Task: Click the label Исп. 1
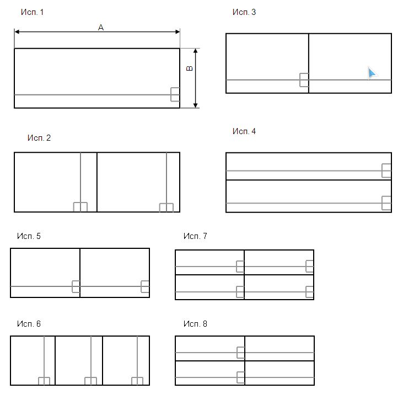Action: pos(32,12)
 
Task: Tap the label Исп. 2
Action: pos(39,138)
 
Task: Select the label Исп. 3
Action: pos(244,12)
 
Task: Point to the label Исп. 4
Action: pos(244,131)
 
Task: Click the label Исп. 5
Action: pos(29,236)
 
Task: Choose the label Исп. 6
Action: pos(29,323)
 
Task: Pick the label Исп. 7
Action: pos(195,236)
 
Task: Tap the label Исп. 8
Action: pos(195,323)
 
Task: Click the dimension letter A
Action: pos(101,28)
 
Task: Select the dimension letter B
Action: pos(190,68)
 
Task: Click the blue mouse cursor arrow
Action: pos(372,73)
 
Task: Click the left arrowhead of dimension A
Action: pos(17,31)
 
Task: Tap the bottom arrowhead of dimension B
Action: pos(196,105)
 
